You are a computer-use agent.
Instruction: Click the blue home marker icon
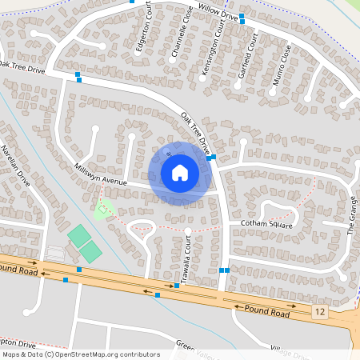click(180, 173)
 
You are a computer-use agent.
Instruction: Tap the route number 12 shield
click(321, 310)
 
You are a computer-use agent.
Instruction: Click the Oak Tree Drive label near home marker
click(194, 131)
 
